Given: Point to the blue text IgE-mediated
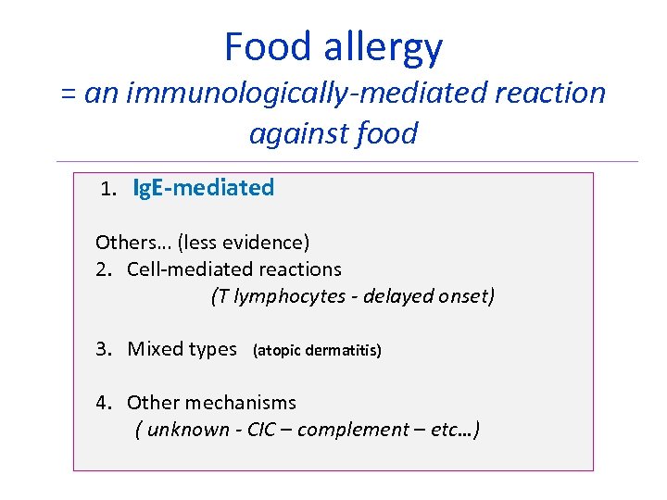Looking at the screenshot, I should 204,188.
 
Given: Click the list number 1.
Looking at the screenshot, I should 108,189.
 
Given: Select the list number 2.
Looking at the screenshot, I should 104,269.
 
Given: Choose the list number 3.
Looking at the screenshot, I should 104,349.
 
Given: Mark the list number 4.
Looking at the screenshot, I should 104,403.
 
